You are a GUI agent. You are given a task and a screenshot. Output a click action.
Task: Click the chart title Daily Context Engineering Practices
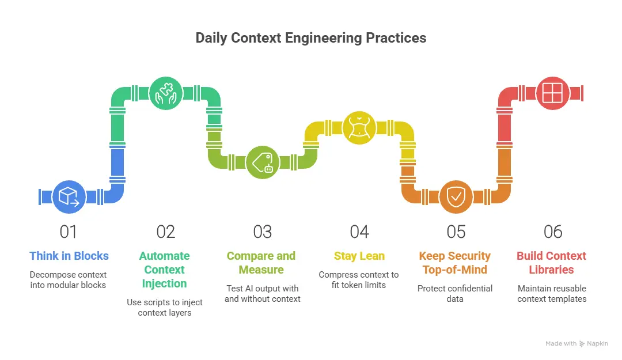click(x=311, y=38)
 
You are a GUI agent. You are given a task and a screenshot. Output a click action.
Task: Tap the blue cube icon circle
click(x=69, y=196)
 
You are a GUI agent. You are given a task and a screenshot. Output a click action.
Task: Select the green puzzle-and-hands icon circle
click(x=166, y=93)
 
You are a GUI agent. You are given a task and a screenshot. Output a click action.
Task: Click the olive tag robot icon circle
click(x=263, y=162)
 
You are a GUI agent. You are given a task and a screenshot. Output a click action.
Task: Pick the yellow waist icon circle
click(x=359, y=127)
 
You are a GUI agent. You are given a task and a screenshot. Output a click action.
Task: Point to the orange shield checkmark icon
click(x=456, y=196)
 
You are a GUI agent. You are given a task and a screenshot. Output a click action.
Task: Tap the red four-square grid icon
click(x=552, y=93)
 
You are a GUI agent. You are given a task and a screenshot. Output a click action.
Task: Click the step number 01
click(x=69, y=232)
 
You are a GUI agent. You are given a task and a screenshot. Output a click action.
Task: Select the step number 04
click(x=359, y=232)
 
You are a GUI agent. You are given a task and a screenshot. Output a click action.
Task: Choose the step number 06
click(x=553, y=232)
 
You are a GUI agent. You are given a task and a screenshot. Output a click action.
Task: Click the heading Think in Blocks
click(x=69, y=256)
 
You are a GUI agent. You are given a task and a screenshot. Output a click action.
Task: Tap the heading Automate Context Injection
click(x=165, y=270)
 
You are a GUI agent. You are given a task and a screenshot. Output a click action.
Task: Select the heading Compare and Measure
click(x=261, y=263)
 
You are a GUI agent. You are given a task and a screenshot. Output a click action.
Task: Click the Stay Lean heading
click(x=359, y=256)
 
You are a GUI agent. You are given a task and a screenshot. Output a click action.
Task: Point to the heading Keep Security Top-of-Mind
click(x=455, y=263)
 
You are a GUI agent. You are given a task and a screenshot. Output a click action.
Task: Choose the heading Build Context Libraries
click(x=552, y=263)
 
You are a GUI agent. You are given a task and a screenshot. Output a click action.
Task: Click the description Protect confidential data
click(x=455, y=294)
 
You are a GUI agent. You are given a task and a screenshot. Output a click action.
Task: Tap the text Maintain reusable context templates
click(x=552, y=294)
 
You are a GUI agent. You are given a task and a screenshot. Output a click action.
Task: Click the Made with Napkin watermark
click(x=577, y=343)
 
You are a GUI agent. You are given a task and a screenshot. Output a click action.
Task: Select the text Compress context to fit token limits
click(x=359, y=280)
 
